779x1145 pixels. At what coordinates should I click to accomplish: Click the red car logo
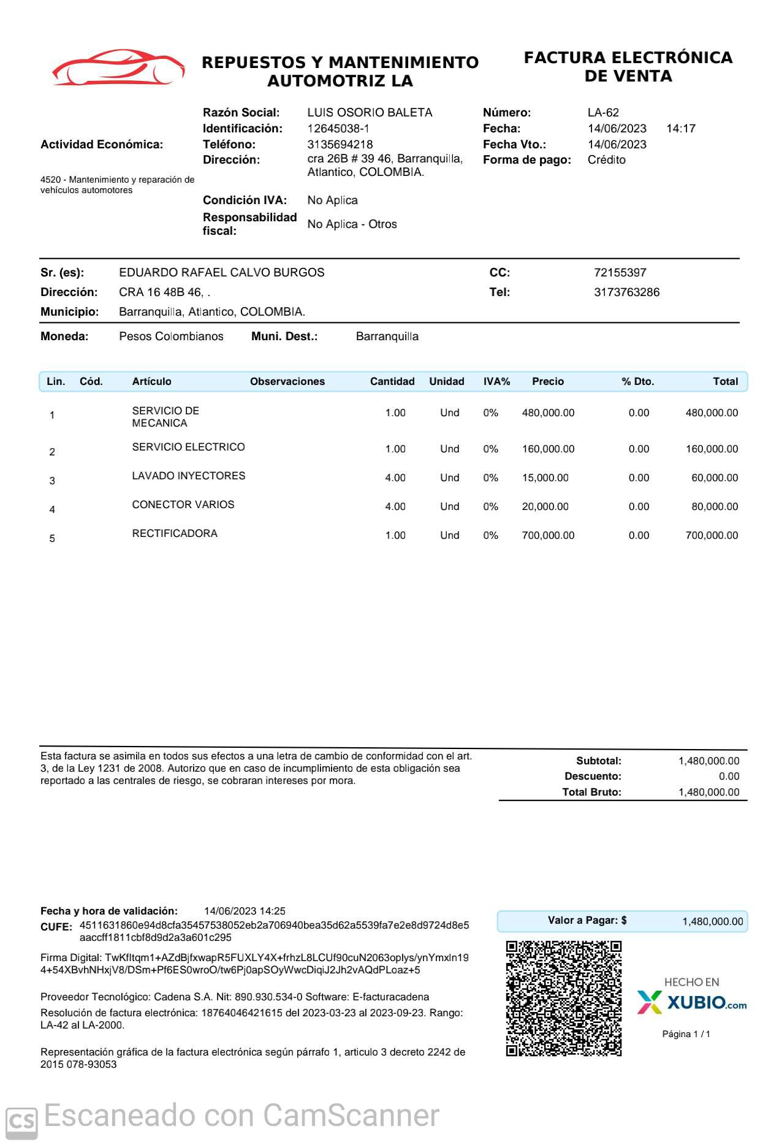pos(118,68)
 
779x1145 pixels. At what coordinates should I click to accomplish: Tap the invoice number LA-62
pos(603,113)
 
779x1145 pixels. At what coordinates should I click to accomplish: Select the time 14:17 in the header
pos(680,129)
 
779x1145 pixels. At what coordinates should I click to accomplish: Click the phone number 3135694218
pos(340,145)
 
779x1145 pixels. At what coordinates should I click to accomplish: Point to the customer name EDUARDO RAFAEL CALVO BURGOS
pos(221,273)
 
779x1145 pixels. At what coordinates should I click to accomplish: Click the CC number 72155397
pos(620,273)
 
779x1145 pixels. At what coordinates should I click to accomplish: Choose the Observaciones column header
pos(287,381)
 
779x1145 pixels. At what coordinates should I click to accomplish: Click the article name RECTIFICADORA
pos(175,533)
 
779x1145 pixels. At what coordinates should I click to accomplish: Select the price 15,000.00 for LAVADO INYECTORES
pos(545,478)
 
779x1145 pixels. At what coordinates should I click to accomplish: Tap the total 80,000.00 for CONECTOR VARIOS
pos(714,507)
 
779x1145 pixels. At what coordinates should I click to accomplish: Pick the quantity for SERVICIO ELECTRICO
pos(395,449)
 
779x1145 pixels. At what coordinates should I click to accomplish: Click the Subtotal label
pos(598,761)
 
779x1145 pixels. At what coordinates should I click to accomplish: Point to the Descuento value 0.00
pos(729,777)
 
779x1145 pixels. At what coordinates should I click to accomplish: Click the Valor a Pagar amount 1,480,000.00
pos(712,921)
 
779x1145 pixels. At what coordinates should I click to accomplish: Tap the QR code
pos(563,999)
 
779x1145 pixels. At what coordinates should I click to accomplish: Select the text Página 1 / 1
pos(686,1034)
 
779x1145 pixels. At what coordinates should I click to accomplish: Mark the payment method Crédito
pos(606,160)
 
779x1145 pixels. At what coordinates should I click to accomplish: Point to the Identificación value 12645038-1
pos(338,129)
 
